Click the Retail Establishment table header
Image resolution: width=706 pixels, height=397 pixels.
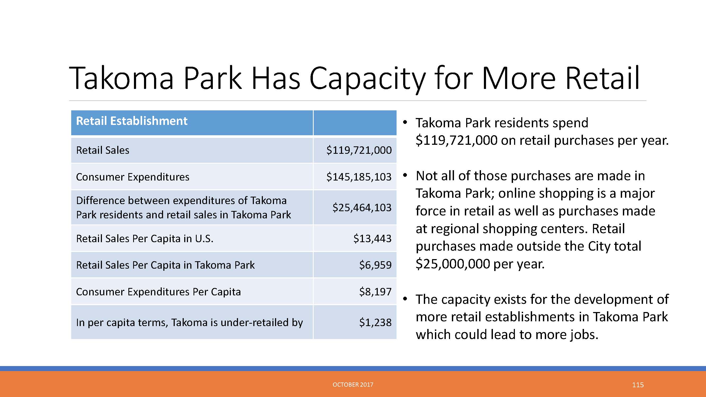(132, 121)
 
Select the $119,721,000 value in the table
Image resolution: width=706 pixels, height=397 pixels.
(359, 150)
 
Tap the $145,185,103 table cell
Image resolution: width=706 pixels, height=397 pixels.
(359, 177)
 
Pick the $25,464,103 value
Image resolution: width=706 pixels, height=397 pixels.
(362, 207)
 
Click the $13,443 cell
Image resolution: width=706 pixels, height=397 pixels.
(372, 238)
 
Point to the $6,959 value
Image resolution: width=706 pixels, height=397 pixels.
(375, 265)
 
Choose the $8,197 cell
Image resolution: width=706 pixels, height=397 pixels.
(375, 291)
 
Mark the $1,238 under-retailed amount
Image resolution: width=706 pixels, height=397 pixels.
(375, 322)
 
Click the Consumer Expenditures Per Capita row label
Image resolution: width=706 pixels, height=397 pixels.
(158, 292)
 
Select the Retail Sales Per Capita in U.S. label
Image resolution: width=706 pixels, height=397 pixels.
(145, 238)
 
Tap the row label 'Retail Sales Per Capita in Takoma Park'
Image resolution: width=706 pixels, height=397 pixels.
(165, 265)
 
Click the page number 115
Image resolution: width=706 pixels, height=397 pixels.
(638, 385)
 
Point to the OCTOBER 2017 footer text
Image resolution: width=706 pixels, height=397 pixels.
(353, 385)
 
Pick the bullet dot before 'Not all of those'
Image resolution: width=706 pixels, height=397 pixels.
(405, 175)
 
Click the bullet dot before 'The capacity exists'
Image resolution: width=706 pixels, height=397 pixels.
(405, 299)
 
